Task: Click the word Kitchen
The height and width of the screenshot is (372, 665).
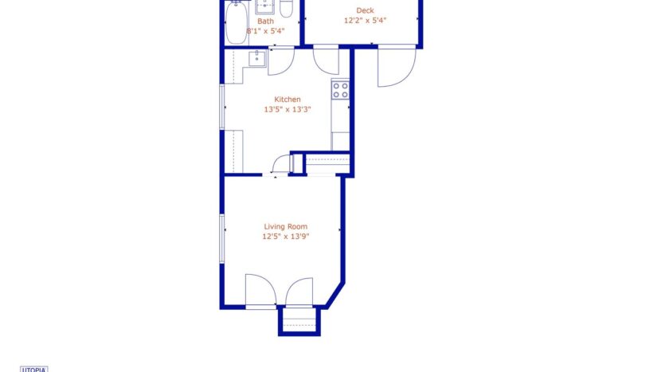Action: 287,100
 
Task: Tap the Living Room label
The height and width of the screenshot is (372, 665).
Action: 286,226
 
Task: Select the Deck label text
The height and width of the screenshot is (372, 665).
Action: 364,10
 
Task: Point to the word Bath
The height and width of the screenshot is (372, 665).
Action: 276,22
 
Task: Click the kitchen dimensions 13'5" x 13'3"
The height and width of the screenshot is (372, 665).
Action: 287,110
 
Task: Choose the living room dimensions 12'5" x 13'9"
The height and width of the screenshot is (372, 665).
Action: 286,237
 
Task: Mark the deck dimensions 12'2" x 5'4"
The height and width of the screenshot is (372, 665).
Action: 365,22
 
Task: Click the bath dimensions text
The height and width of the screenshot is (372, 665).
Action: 265,31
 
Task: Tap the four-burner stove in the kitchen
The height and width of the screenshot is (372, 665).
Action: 340,89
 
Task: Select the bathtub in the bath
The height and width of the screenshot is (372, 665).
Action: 235,22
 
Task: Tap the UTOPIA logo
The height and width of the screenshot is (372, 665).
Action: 34,369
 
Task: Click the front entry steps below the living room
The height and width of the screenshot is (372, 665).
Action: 299,322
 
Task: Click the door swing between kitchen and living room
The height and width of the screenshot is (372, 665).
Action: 280,164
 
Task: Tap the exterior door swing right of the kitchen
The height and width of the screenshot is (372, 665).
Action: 396,67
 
